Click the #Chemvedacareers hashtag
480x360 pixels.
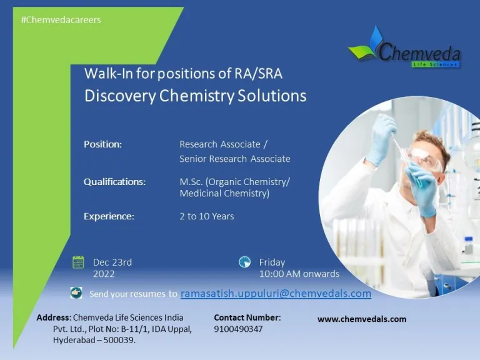tap(61, 20)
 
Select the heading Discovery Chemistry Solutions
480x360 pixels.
tap(195, 96)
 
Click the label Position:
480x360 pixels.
tap(102, 144)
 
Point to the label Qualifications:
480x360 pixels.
tap(114, 182)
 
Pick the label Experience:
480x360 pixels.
tap(109, 216)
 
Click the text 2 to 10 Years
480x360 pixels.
tap(207, 216)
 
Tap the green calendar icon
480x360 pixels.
tap(78, 262)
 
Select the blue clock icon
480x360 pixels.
tap(244, 262)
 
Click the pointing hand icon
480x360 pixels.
tap(76, 292)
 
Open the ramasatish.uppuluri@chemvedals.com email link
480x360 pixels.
tap(276, 293)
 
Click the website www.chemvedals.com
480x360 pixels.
tap(362, 319)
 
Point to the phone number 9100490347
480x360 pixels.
tap(238, 329)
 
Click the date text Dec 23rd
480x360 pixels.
tap(112, 262)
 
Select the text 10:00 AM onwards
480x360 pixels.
tap(299, 274)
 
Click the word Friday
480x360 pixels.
tap(272, 262)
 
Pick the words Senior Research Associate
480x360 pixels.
tap(235, 159)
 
